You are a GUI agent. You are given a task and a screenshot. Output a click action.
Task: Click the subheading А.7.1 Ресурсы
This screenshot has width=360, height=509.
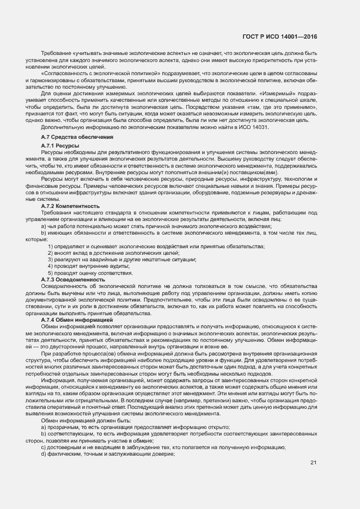click(60, 147)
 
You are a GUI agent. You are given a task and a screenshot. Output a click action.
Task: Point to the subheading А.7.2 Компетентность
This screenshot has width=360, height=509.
click(70, 206)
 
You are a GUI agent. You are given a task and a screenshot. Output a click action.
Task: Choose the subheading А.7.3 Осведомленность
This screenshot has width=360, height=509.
click(70, 279)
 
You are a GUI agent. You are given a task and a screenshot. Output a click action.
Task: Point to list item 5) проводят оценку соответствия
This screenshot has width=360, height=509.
click(90, 273)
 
